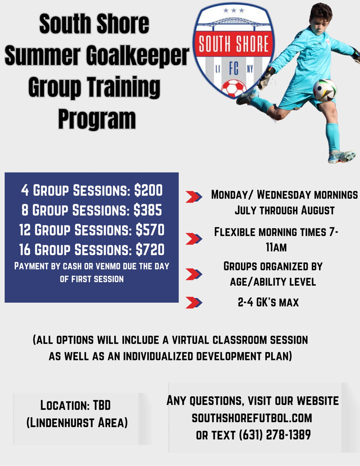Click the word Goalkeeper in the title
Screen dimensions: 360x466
(137, 56)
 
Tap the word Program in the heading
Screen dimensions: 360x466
(97, 119)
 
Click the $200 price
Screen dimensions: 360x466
(148, 191)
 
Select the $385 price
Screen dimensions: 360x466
(148, 210)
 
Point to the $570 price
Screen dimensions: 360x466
(150, 230)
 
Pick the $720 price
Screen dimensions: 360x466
(150, 249)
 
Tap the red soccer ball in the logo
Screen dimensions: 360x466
(233, 88)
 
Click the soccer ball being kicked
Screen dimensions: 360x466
(325, 90)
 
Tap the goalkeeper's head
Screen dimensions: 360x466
(320, 16)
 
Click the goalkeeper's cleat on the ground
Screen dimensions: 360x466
(342, 157)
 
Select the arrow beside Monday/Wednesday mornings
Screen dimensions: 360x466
(194, 197)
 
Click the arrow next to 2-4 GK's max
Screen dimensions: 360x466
(194, 303)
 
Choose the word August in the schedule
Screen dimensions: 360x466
(318, 211)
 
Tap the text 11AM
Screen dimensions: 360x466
(276, 248)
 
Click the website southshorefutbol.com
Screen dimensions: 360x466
(252, 418)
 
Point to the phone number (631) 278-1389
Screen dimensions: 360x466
(275, 435)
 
